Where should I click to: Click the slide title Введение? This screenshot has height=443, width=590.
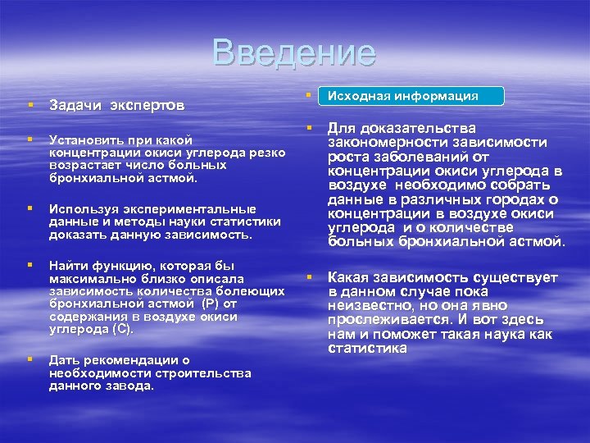(294, 53)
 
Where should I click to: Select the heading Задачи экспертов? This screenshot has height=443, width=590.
(116, 106)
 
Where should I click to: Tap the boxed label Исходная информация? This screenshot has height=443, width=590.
(415, 96)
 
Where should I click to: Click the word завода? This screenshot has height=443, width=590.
(131, 386)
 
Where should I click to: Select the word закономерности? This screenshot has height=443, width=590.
(383, 143)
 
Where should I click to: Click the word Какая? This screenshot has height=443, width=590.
(350, 279)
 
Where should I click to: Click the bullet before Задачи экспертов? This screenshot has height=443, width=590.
(29, 105)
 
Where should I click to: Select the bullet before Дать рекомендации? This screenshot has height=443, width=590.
(29, 359)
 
